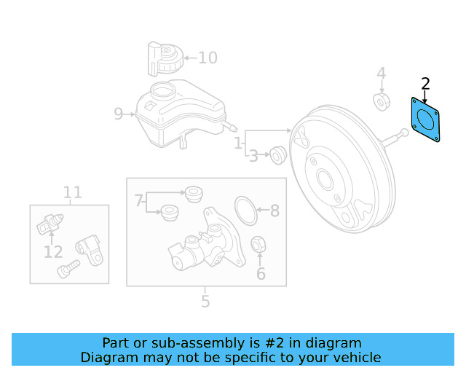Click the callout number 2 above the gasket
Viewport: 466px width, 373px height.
[x=426, y=84]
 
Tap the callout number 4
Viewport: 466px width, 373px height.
[x=380, y=74]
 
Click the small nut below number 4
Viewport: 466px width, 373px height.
[x=380, y=101]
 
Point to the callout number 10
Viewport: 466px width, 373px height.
[x=208, y=57]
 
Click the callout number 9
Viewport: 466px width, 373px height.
[x=119, y=114]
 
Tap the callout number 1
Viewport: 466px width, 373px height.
[x=238, y=145]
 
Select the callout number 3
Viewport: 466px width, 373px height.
[x=254, y=156]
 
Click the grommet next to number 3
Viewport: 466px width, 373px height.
[x=277, y=154]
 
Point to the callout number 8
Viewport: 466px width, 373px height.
[x=275, y=211]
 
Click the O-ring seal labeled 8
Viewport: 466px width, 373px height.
[x=247, y=210]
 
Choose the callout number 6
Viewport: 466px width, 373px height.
[x=261, y=275]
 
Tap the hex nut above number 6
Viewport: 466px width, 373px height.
[x=258, y=245]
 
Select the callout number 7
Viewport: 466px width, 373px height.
[x=138, y=200]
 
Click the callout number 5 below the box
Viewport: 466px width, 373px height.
[x=205, y=300]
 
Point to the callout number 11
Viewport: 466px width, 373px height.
[x=72, y=192]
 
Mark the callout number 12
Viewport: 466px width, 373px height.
[x=52, y=252]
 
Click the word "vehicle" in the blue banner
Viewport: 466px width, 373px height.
[x=356, y=358]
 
